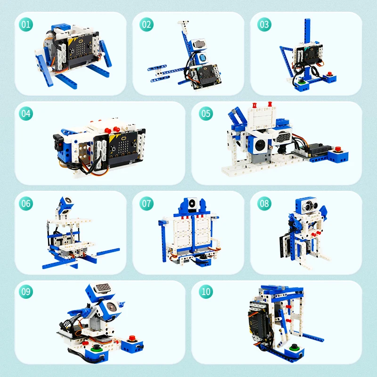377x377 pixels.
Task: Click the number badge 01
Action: coord(26,24)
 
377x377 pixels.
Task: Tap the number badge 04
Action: coord(26,114)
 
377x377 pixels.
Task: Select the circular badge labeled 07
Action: coord(147,203)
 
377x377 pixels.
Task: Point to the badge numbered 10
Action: coord(206,292)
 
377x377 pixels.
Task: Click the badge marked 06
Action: coord(26,203)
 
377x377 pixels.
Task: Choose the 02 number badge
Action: coord(147,24)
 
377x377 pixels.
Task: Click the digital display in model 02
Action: coord(201,43)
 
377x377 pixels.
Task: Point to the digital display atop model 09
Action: coord(104,287)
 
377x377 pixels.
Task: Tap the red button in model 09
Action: coord(132,338)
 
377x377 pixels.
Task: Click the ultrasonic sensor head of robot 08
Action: coord(306,205)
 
